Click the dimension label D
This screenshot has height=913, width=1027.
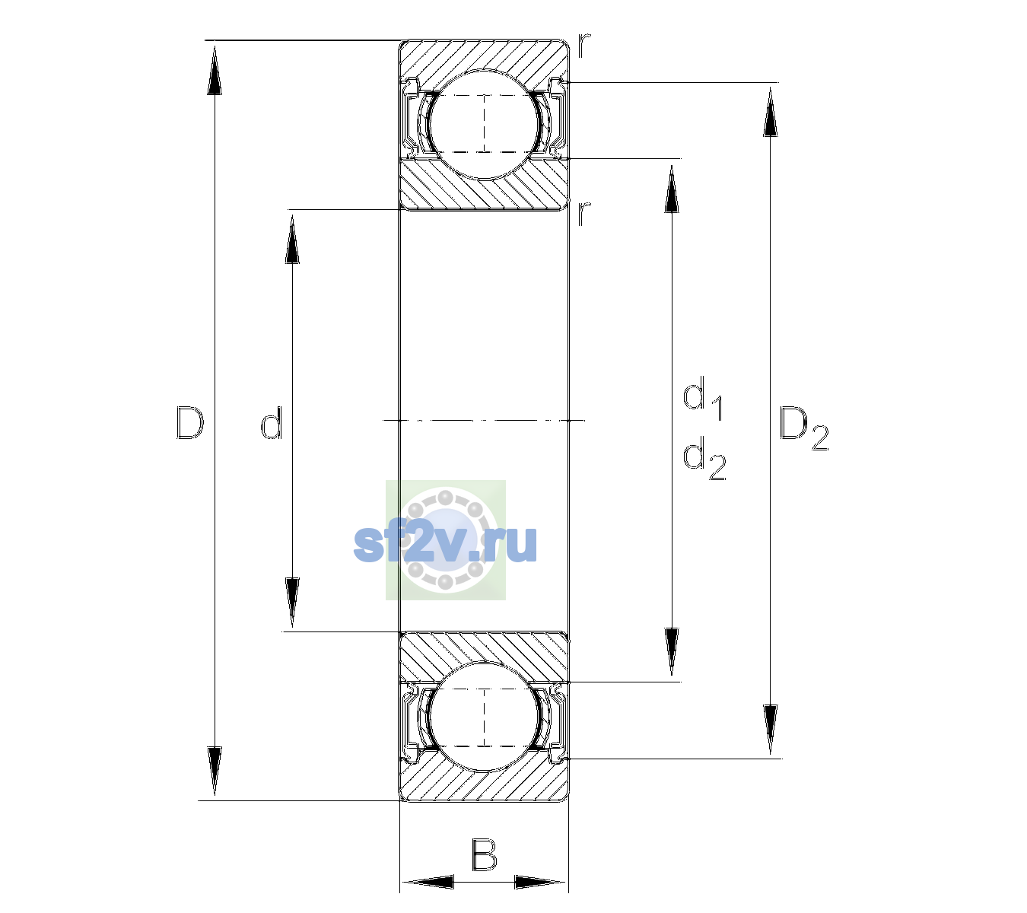pyautogui.click(x=189, y=422)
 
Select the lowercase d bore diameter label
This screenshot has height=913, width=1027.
pyautogui.click(x=271, y=422)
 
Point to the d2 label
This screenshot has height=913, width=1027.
pyautogui.click(x=704, y=458)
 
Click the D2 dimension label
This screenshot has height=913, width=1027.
pyautogui.click(x=803, y=428)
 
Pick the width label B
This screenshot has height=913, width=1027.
pyautogui.click(x=484, y=854)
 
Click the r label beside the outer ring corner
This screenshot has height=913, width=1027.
pyautogui.click(x=584, y=46)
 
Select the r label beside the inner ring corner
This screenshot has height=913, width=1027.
pyautogui.click(x=584, y=213)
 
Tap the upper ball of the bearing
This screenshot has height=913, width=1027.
pyautogui.click(x=484, y=124)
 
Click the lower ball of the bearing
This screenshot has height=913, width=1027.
pyautogui.click(x=484, y=717)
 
